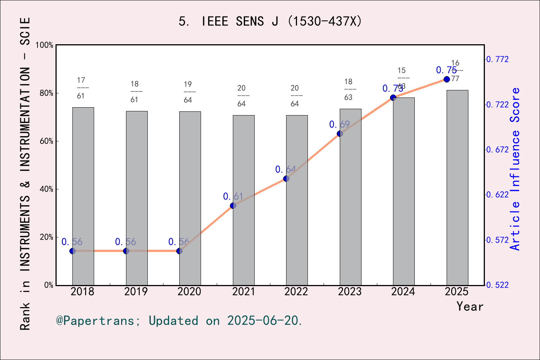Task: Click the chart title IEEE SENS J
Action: coord(270,21)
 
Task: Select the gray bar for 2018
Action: coord(83,195)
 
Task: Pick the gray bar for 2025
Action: coord(457,187)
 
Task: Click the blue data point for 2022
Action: coord(286,178)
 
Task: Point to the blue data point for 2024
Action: coord(393,97)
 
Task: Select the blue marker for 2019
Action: coord(126,251)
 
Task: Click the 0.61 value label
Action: coord(233,196)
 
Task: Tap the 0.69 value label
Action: coord(339,124)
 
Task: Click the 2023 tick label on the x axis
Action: coord(349,292)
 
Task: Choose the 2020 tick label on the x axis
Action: coord(189,292)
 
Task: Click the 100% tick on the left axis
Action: coord(45,45)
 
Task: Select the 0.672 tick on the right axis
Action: coord(498,150)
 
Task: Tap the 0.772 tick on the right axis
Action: coord(498,59)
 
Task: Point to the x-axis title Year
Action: coord(469,307)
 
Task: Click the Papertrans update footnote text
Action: coord(179,321)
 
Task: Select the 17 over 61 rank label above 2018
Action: coord(81,88)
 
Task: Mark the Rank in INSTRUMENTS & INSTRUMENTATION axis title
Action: coord(25,173)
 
